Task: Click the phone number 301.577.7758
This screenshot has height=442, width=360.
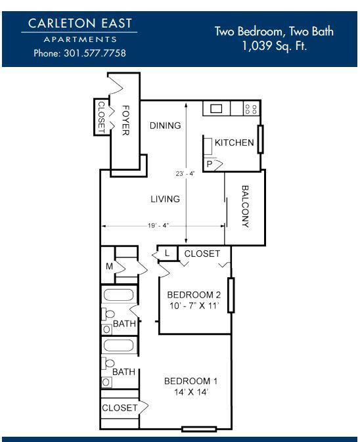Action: [x=95, y=53]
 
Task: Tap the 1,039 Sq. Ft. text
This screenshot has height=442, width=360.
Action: [x=275, y=46]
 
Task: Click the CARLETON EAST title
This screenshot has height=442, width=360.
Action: [x=80, y=23]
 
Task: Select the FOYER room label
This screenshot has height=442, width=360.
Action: [x=125, y=120]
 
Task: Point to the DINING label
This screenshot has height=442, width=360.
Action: [x=165, y=125]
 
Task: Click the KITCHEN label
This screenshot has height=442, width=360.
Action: [x=235, y=143]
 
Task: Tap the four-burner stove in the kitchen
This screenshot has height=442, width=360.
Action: [x=251, y=109]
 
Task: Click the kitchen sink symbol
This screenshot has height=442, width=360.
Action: [x=216, y=108]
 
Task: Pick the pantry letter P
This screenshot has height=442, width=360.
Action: [x=210, y=164]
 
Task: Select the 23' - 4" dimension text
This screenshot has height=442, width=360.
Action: [x=185, y=173]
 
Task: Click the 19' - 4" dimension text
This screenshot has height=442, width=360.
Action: [x=158, y=225]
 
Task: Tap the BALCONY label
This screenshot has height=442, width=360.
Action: [x=245, y=206]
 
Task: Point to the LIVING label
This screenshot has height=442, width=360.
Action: [x=165, y=199]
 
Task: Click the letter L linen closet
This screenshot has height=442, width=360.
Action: [x=167, y=253]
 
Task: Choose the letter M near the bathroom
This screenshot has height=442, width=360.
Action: [x=110, y=266]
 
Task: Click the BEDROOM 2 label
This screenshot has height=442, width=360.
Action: [x=194, y=295]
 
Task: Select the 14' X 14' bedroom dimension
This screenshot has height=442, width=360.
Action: [x=191, y=392]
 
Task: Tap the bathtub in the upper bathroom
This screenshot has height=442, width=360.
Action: [x=118, y=295]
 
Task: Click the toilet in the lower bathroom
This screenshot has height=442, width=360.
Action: [x=108, y=364]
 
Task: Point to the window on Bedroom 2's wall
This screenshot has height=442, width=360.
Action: [x=231, y=295]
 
